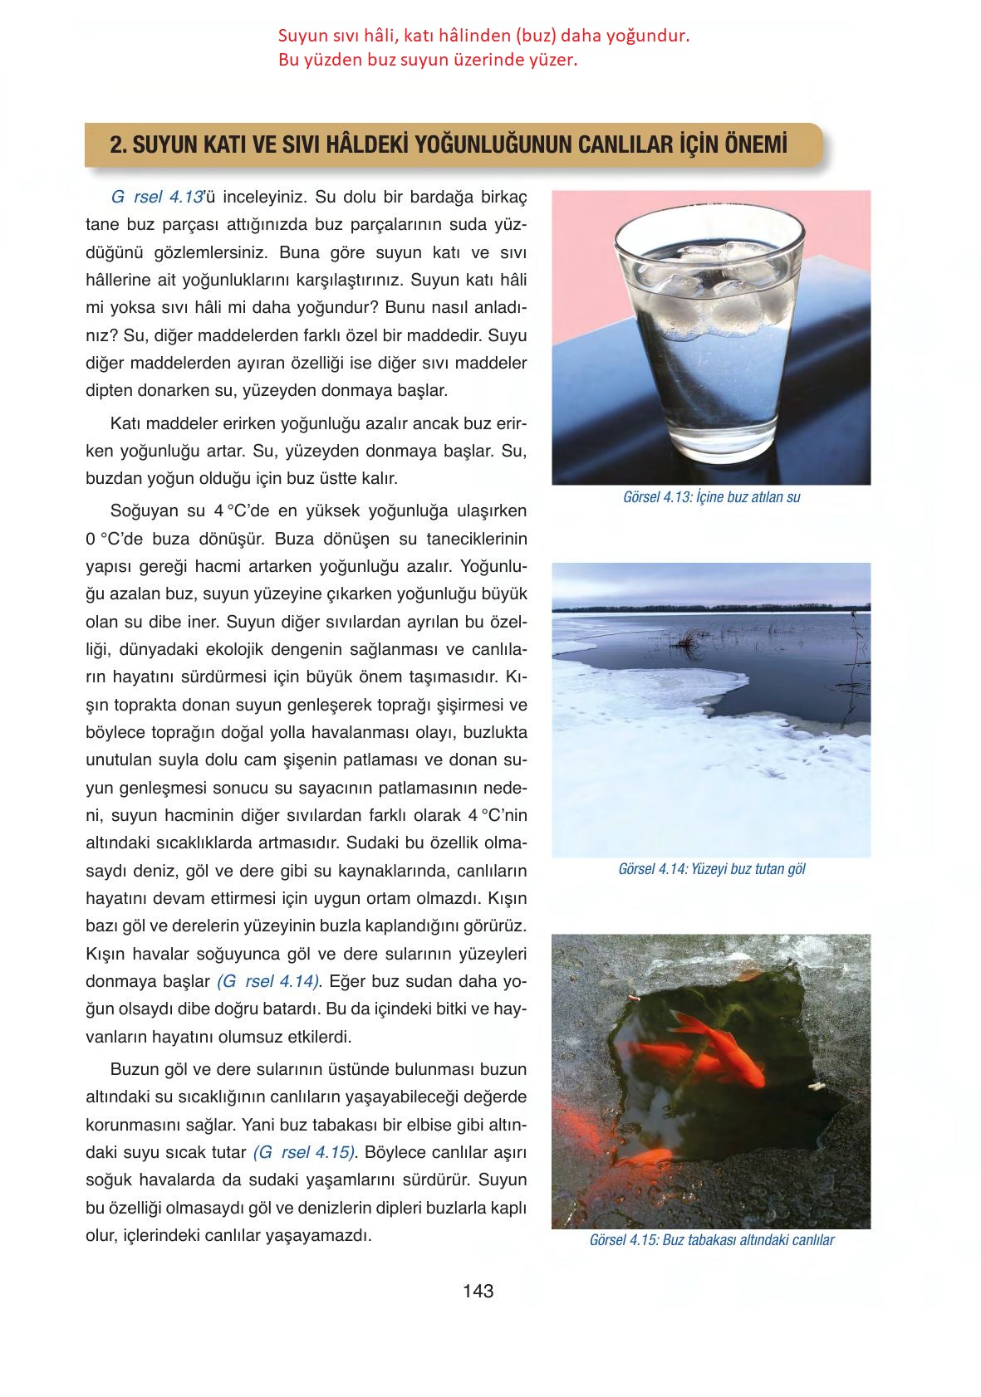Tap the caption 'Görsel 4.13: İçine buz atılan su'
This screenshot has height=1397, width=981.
(711, 498)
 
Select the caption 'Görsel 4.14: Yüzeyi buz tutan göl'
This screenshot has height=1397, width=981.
(712, 869)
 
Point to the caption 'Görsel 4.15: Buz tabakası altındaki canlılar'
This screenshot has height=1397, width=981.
(711, 1240)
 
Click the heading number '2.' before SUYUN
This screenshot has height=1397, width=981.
(118, 145)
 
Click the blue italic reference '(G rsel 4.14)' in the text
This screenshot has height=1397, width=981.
(268, 981)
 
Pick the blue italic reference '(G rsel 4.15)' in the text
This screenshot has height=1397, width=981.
(305, 1152)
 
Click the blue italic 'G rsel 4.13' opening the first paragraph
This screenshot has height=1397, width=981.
(157, 198)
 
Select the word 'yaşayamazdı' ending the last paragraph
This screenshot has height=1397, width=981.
(317, 1234)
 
